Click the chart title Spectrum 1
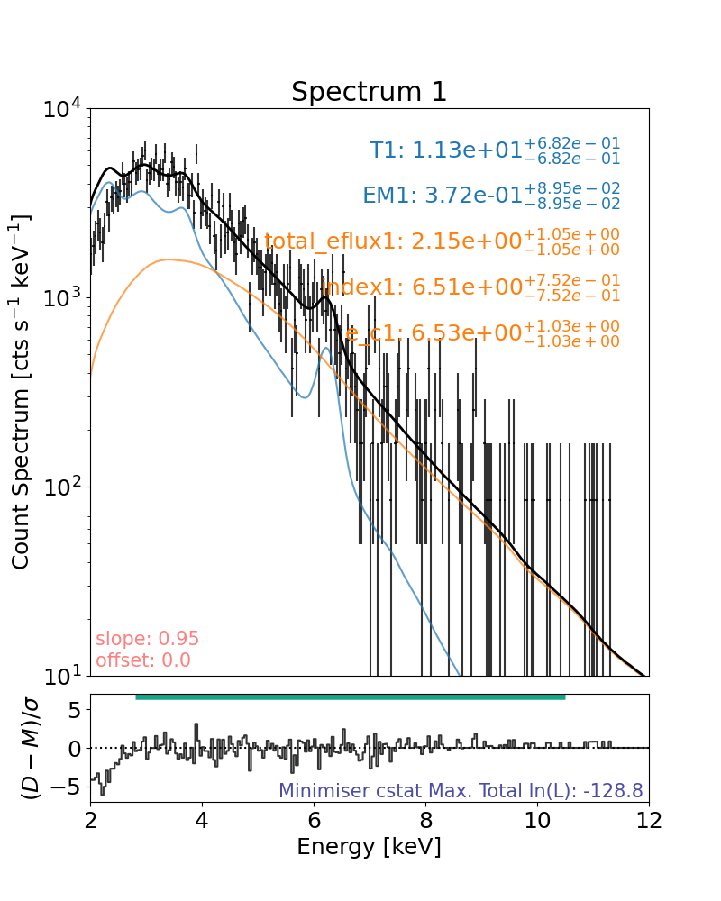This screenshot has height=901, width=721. point(369,92)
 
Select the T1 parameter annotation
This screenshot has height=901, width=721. point(494,150)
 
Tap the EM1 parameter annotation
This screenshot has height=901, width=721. point(491,196)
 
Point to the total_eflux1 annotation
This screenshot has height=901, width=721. point(442,241)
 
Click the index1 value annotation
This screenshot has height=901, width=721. point(470,287)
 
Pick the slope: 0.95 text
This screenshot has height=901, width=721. point(147,639)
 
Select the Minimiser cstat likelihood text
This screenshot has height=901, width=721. point(461,791)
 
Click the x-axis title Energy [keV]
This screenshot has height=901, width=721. point(369,847)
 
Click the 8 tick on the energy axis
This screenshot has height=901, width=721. point(425,820)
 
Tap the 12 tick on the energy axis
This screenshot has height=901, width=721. point(649,820)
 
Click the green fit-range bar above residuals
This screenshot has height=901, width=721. point(350,696)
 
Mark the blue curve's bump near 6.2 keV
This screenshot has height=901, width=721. point(326,348)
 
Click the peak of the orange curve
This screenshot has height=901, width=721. point(168,259)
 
